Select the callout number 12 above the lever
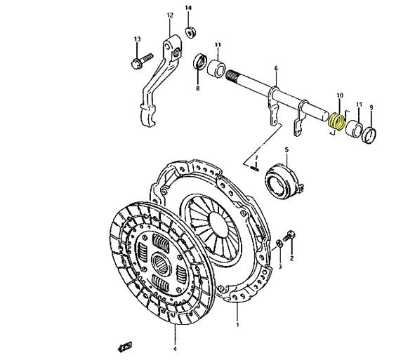pyautogui.click(x=170, y=14)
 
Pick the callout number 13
pyautogui.click(x=137, y=38)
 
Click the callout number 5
pyautogui.click(x=286, y=149)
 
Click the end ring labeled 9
pyautogui.click(x=370, y=135)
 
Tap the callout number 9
pyautogui.click(x=371, y=107)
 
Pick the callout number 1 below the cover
pyautogui.click(x=237, y=325)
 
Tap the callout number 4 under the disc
pyautogui.click(x=176, y=349)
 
